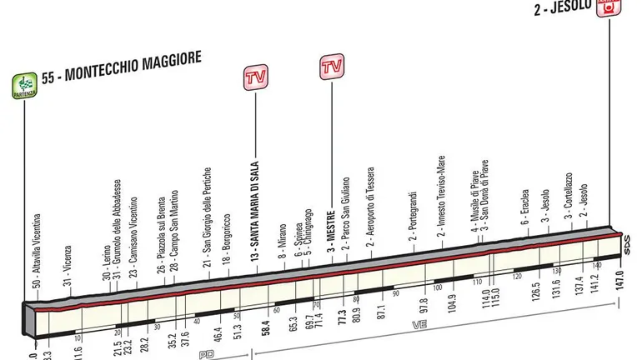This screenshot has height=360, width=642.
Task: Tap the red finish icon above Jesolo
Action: (x=609, y=6)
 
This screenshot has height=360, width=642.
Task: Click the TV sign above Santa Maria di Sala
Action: (x=254, y=79)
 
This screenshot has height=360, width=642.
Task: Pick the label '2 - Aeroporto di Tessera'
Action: (x=368, y=216)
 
